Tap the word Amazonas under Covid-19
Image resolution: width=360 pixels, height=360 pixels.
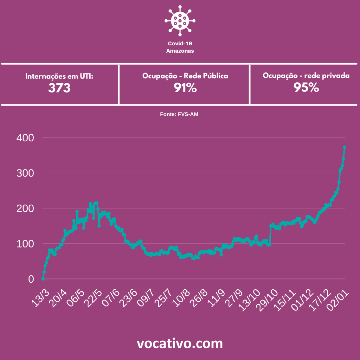pyautogui.click(x=180, y=51)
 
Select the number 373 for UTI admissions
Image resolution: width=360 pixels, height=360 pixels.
pyautogui.click(x=59, y=88)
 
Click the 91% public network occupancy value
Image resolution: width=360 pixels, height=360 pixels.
pyautogui.click(x=185, y=88)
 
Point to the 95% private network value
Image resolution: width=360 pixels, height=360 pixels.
pyautogui.click(x=306, y=88)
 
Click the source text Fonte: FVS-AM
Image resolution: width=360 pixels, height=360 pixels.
pyautogui.click(x=180, y=114)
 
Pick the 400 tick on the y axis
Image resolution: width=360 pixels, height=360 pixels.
pyautogui.click(x=25, y=138)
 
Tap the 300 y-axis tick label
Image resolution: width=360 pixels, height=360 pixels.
pyautogui.click(x=25, y=173)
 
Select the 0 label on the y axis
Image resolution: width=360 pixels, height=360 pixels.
pyautogui.click(x=31, y=279)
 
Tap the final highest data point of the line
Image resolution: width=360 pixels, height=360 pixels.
pyautogui.click(x=345, y=147)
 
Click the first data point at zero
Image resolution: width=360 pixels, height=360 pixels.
pyautogui.click(x=43, y=279)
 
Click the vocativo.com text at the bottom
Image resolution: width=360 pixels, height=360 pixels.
pyautogui.click(x=180, y=343)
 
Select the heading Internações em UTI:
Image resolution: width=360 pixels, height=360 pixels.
pyautogui.click(x=59, y=76)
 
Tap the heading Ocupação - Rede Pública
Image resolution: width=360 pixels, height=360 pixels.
pyautogui.click(x=185, y=76)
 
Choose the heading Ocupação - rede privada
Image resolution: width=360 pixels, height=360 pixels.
pyautogui.click(x=306, y=76)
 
